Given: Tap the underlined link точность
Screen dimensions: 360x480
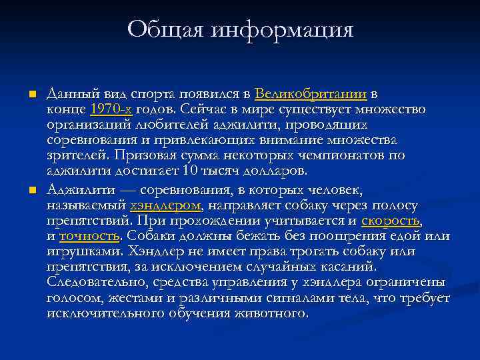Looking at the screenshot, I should pyautogui.click(x=90, y=237).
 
